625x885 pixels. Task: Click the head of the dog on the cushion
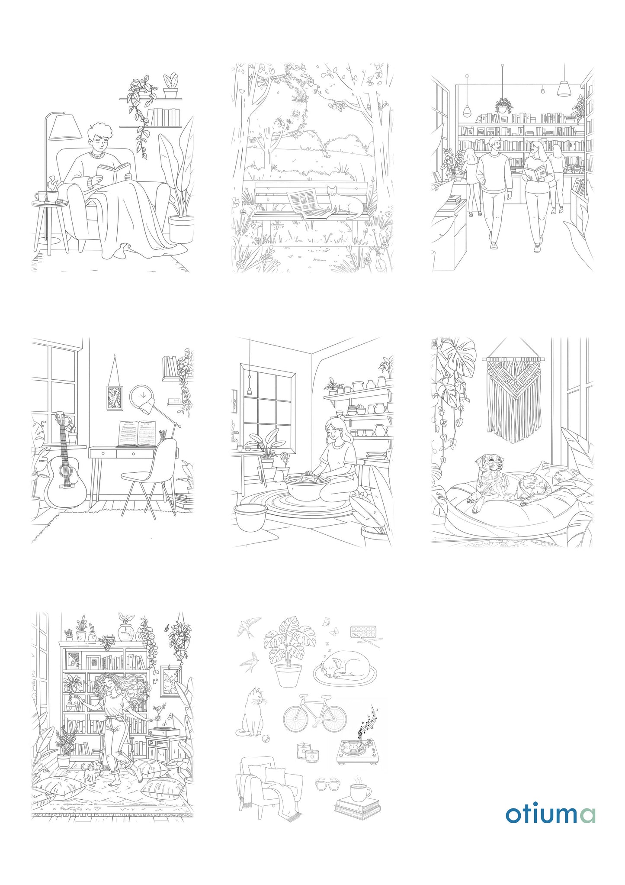tap(489, 465)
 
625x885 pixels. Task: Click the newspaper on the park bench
tap(308, 204)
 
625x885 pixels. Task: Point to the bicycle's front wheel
tap(333, 719)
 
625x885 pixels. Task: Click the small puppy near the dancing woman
tap(92, 772)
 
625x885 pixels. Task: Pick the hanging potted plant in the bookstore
tap(503, 105)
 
